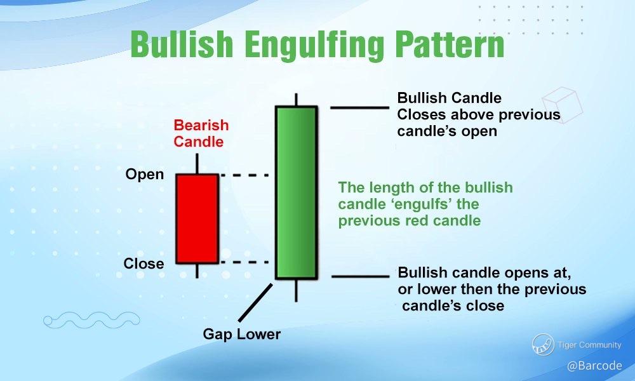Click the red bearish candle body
197,219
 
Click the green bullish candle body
296,192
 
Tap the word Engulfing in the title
314,45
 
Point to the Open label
145,175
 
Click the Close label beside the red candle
144,264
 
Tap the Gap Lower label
242,334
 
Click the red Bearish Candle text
201,133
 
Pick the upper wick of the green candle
296,100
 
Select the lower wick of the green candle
296,290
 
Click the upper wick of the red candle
197,164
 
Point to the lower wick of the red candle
197,271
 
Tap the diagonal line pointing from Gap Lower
255,302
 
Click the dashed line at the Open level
244,175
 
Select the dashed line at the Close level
244,262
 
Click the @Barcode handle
594,366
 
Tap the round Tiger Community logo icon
543,345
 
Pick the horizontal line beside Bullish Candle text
359,108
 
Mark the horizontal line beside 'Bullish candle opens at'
361,276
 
